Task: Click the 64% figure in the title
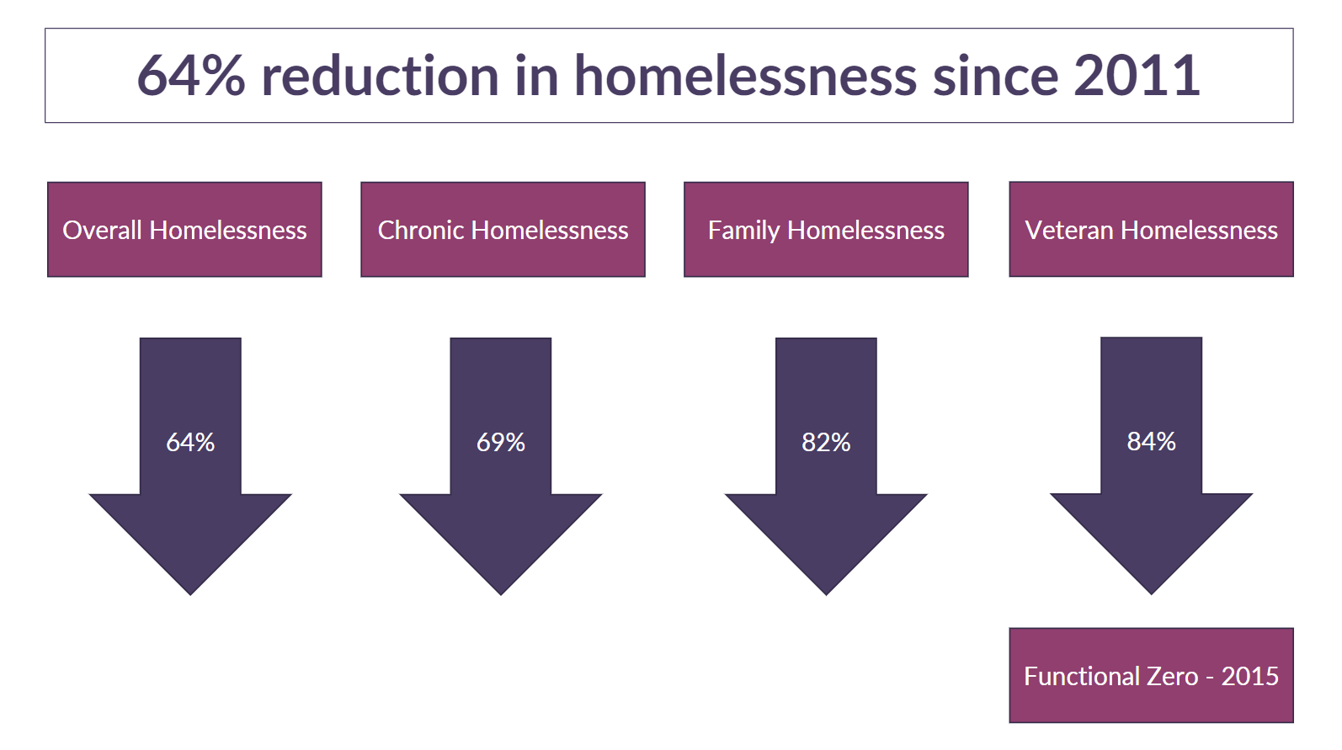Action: [190, 76]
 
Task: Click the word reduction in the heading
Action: [381, 76]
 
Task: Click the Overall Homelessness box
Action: [184, 230]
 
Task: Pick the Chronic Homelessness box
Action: [503, 230]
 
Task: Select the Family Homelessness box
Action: [826, 230]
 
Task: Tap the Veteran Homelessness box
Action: [1151, 230]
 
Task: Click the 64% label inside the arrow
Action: [190, 442]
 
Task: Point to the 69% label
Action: [501, 442]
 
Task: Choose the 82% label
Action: [826, 442]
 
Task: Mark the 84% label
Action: [1151, 441]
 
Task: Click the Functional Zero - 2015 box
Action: [1151, 676]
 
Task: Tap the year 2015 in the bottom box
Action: [1249, 676]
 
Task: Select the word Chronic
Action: [421, 230]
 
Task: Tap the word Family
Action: [744, 230]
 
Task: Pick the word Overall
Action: [103, 230]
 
